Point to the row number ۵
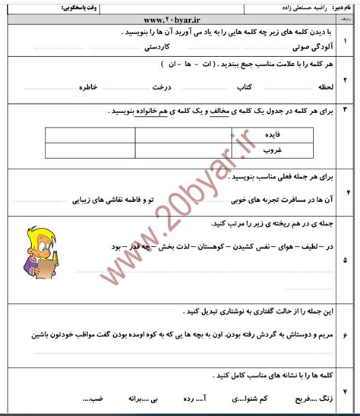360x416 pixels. click(347, 260)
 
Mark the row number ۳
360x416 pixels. click(347, 112)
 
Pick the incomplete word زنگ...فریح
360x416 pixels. click(309, 399)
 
